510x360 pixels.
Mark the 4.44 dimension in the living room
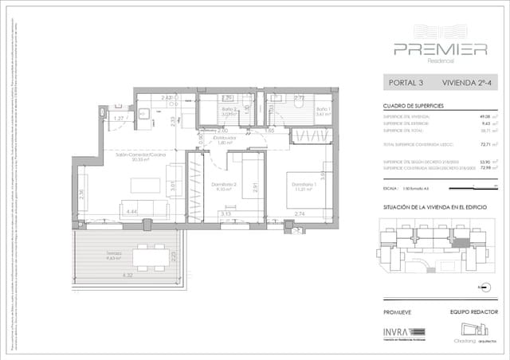[x=132, y=213]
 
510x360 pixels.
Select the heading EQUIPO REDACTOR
[x=469, y=312]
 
